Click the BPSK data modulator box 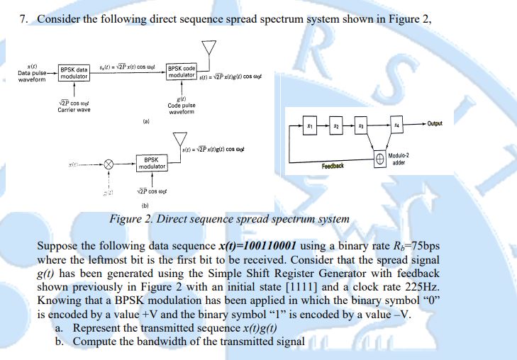pos(74,73)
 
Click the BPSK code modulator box pos(181,73)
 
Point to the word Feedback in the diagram pos(333,166)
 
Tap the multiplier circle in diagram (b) pos(109,163)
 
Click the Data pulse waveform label pos(32,74)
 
